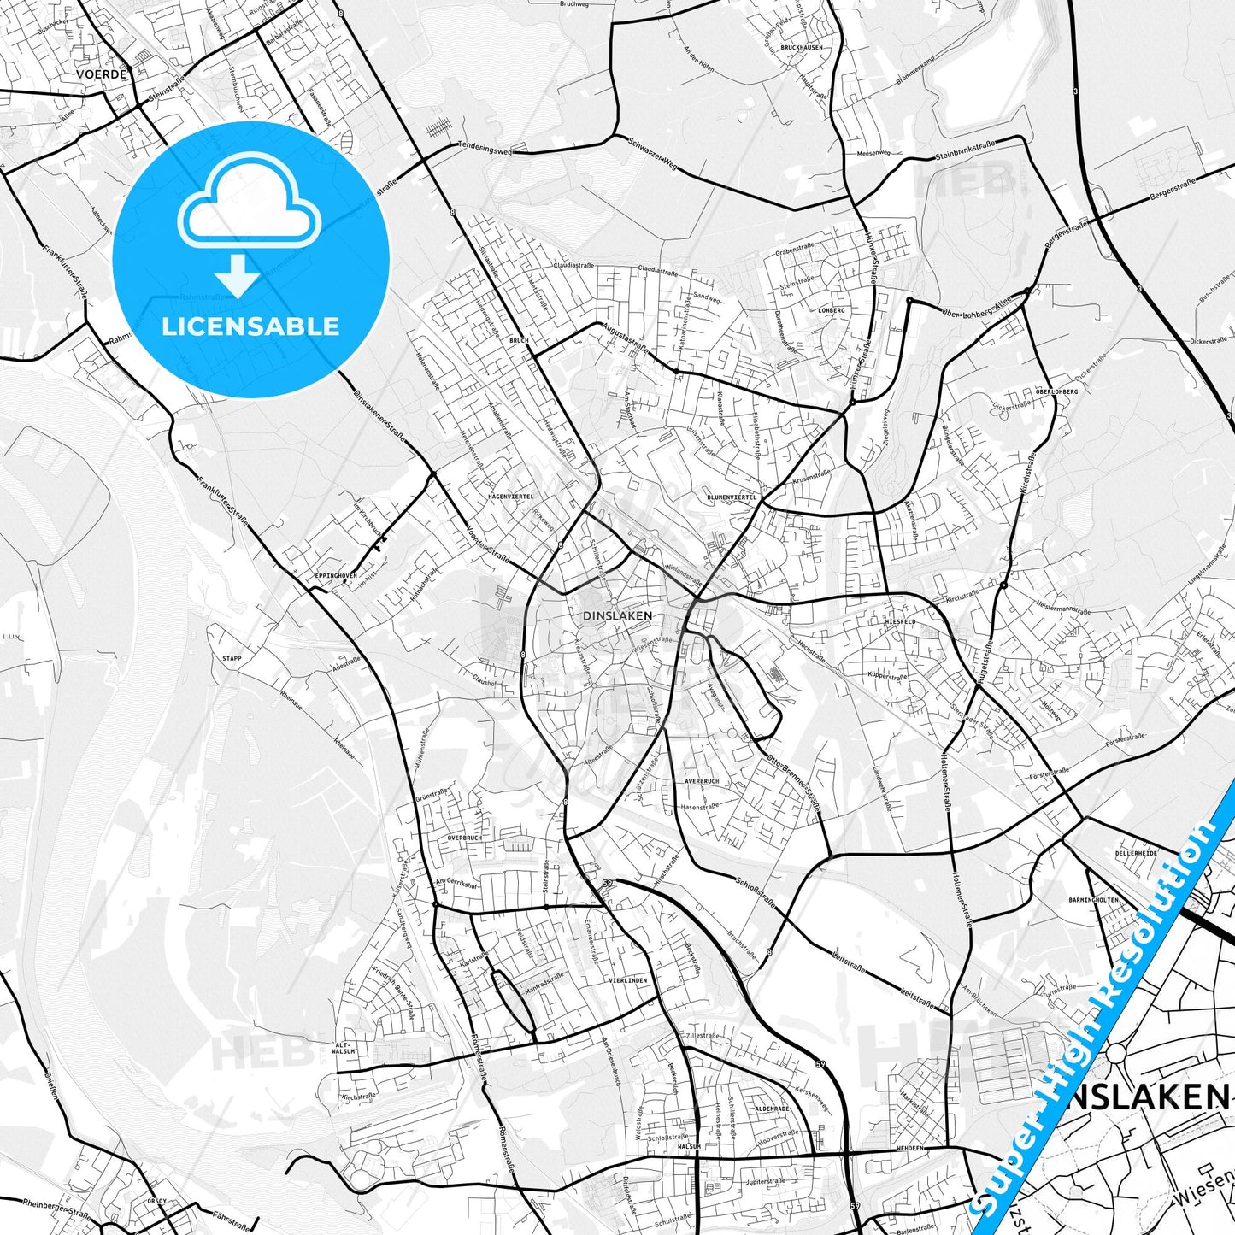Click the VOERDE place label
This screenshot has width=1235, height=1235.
point(102,74)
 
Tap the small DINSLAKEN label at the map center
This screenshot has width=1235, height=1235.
point(617,615)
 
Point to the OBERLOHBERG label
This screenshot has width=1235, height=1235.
point(1056,391)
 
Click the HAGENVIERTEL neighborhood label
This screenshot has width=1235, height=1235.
point(510,496)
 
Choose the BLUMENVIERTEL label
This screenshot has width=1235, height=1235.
point(732,497)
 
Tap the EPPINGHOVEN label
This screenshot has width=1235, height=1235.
point(336,576)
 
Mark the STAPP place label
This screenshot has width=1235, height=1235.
point(232,659)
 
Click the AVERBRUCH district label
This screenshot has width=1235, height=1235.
point(702,781)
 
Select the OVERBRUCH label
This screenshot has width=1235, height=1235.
point(465,838)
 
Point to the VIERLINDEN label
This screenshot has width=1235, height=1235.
point(628,980)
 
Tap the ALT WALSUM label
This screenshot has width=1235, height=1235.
point(343,1048)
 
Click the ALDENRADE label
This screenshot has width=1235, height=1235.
point(772,1109)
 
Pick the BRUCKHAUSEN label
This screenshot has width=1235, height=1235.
point(802,48)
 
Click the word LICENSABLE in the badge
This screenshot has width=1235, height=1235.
point(250,326)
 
